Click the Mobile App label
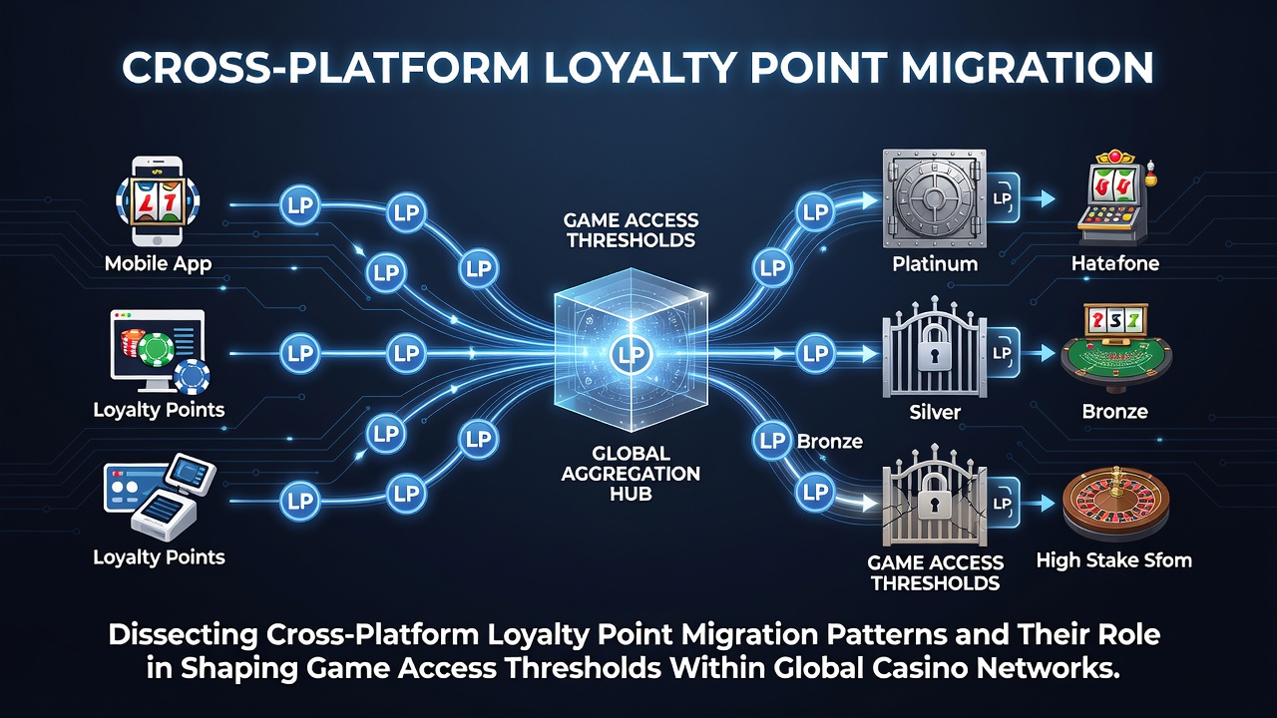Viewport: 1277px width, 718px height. (158, 264)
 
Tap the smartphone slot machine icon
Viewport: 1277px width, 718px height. (158, 200)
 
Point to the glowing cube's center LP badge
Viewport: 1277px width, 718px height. (630, 354)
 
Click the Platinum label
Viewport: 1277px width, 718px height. (935, 264)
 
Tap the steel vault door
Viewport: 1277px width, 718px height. (935, 198)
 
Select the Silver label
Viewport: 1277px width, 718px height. (935, 412)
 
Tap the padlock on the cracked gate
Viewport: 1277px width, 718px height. (934, 497)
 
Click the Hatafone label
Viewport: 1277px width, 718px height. (1115, 264)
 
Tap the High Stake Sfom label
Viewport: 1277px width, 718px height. (1114, 560)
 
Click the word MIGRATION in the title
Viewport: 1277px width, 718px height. (1028, 69)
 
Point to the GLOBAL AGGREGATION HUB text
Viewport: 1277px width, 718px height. (631, 474)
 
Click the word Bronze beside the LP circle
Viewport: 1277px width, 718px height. (829, 442)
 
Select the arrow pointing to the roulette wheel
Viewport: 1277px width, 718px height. (1039, 504)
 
